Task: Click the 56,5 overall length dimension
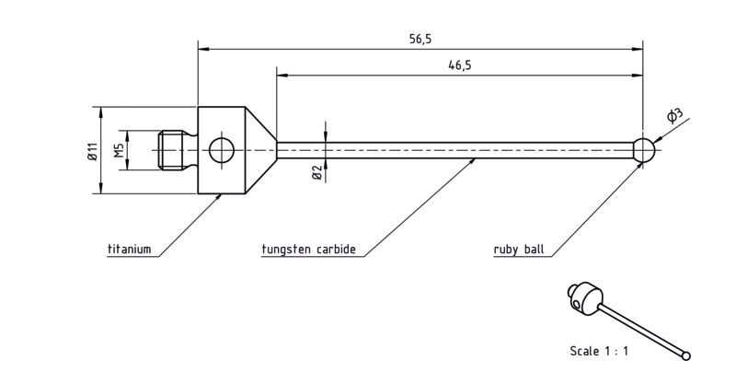pyautogui.click(x=420, y=39)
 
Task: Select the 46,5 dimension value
pyautogui.click(x=459, y=65)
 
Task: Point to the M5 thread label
pyautogui.click(x=120, y=151)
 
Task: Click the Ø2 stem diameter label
pyautogui.click(x=316, y=172)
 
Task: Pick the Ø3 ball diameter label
pyautogui.click(x=674, y=116)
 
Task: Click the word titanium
pyautogui.click(x=130, y=249)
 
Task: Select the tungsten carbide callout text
pyautogui.click(x=308, y=249)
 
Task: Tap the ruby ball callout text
pyautogui.click(x=519, y=249)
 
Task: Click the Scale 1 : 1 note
pyautogui.click(x=599, y=351)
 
